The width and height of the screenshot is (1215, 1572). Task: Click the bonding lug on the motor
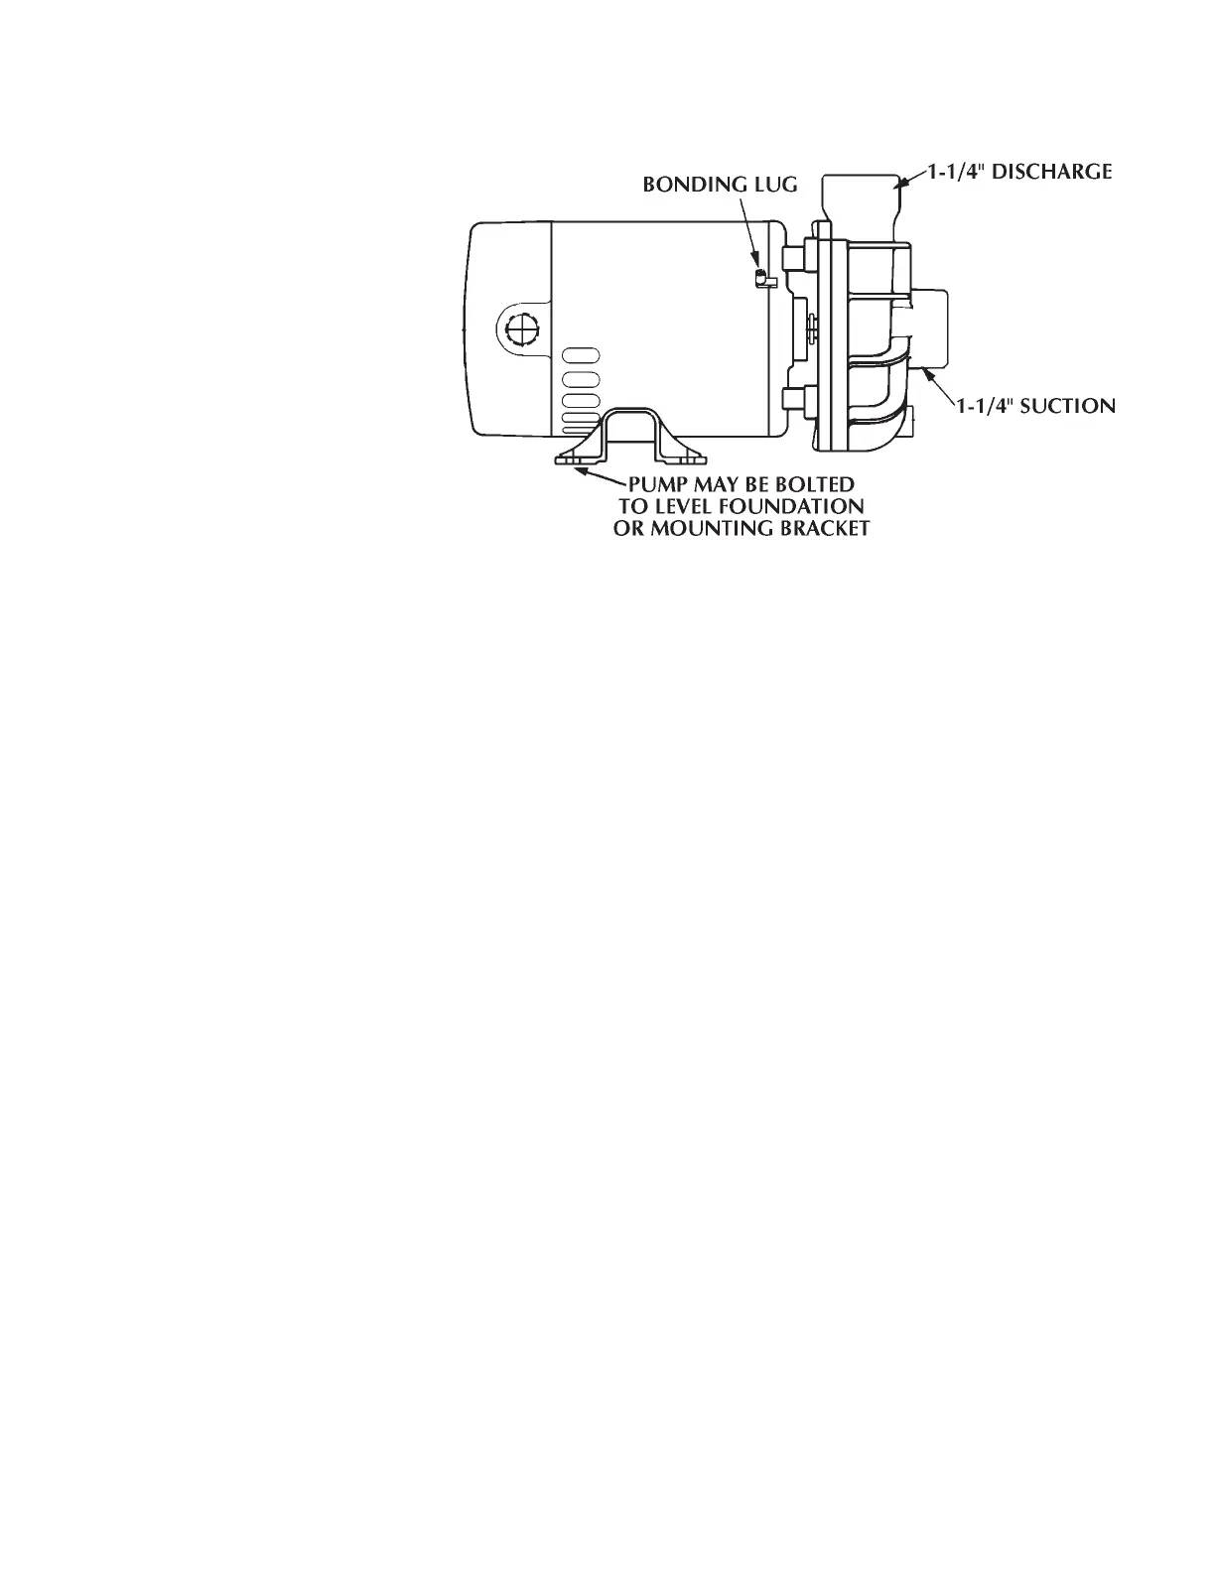[760, 277]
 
